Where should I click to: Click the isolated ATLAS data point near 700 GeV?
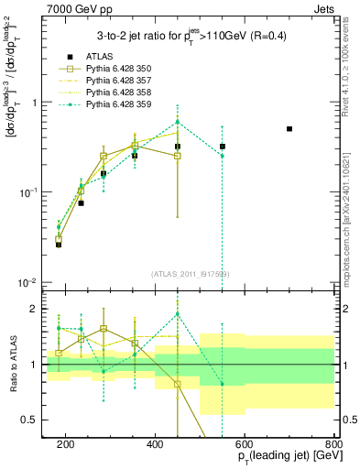pyautogui.click(x=289, y=129)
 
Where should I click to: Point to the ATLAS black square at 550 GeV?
pyautogui.click(x=223, y=147)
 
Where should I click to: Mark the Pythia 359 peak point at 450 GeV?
pyautogui.click(x=178, y=122)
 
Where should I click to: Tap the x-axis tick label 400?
pyautogui.click(x=155, y=444)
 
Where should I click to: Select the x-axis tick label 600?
pyautogui.click(x=245, y=444)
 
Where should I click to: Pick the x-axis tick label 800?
pyautogui.click(x=333, y=444)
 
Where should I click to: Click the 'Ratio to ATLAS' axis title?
pyautogui.click(x=12, y=364)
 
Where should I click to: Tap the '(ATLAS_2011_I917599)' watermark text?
pyautogui.click(x=191, y=275)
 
